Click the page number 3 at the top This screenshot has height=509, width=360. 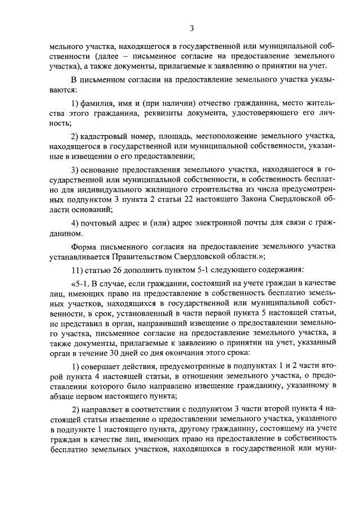[x=192, y=29]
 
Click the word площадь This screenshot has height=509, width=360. [x=175, y=137]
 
